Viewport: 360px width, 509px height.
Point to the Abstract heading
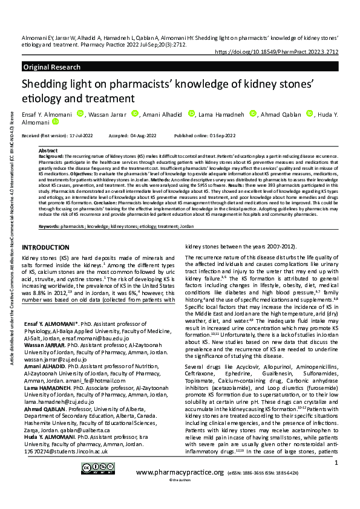tap(48, 151)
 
